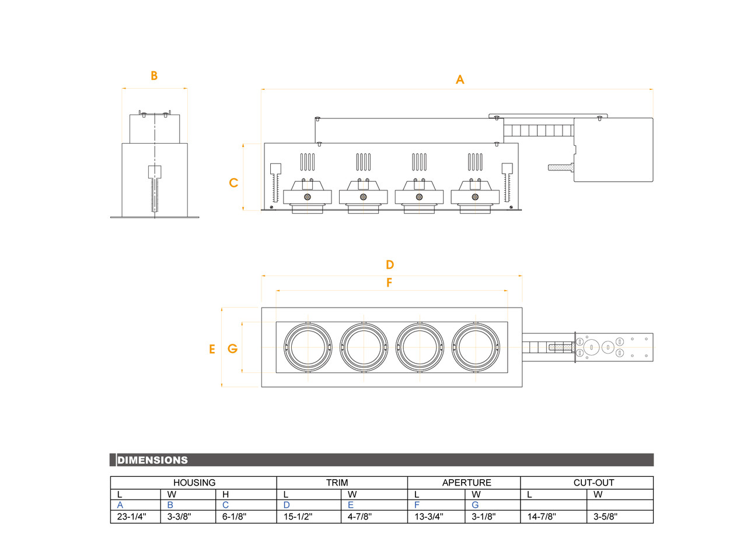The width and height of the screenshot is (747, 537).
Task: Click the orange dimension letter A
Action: click(460, 79)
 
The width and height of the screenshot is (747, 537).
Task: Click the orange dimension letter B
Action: click(154, 76)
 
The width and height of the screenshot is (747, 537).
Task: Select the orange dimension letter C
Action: click(233, 183)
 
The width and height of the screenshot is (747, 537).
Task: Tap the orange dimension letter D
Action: click(390, 264)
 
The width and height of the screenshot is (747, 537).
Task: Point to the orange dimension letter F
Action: click(389, 283)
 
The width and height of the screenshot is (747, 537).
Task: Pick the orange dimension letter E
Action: click(212, 349)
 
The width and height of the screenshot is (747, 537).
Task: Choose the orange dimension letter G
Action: click(232, 349)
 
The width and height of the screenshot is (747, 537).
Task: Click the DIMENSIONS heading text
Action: click(153, 460)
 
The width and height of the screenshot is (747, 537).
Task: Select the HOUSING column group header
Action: click(194, 483)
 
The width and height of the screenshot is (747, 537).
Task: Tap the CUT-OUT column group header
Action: click(587, 483)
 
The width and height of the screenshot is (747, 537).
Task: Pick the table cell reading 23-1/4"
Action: click(132, 517)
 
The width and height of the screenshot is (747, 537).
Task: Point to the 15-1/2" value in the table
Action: click(298, 517)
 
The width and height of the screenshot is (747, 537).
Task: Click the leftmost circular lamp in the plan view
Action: click(308, 347)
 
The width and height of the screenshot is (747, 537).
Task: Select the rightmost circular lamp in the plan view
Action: click(476, 347)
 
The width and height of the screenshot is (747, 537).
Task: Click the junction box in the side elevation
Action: click(613, 149)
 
